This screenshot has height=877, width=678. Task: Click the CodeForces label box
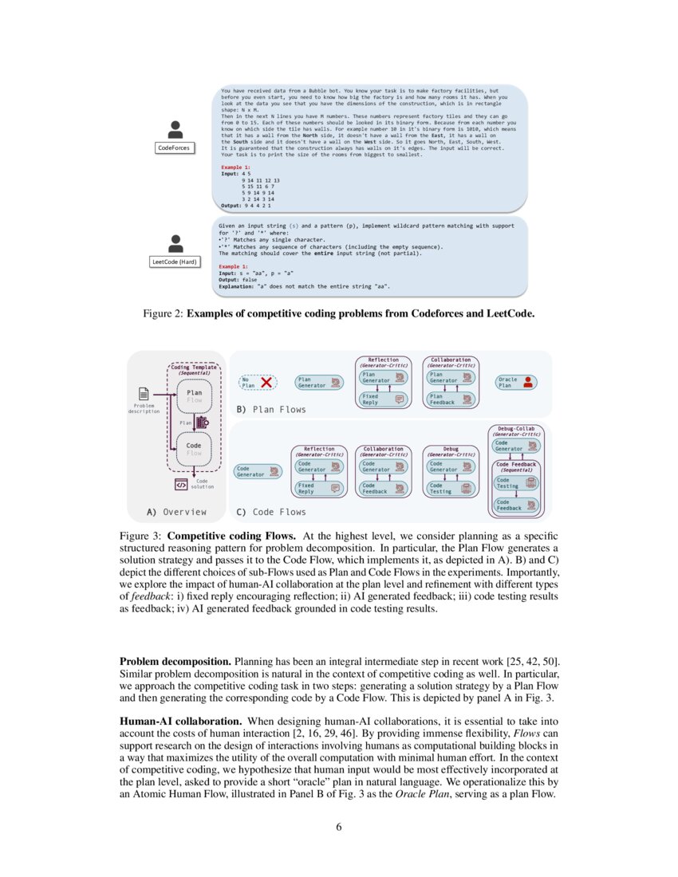point(174,147)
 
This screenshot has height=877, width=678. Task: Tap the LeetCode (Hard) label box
point(174,261)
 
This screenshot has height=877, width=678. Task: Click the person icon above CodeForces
point(175,129)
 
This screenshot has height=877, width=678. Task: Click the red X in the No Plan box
point(266,383)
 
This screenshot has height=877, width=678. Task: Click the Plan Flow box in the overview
point(195,396)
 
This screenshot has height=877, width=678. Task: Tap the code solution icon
point(181,484)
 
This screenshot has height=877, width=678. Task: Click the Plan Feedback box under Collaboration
point(450,399)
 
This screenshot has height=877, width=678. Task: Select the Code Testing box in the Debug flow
point(450,488)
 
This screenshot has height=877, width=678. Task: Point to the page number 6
point(339,826)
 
